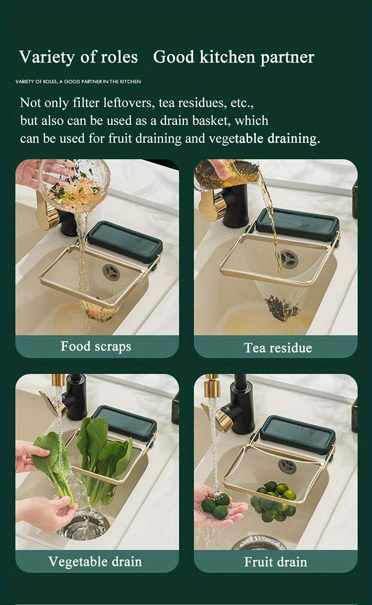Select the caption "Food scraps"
(x=96, y=346)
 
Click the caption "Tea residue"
(x=278, y=348)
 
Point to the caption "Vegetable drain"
(x=95, y=562)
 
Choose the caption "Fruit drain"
(x=275, y=562)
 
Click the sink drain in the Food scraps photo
(x=111, y=272)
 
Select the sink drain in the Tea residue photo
(x=288, y=259)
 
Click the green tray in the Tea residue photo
(x=298, y=224)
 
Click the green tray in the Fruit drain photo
(x=298, y=434)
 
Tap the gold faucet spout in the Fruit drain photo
(x=212, y=387)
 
